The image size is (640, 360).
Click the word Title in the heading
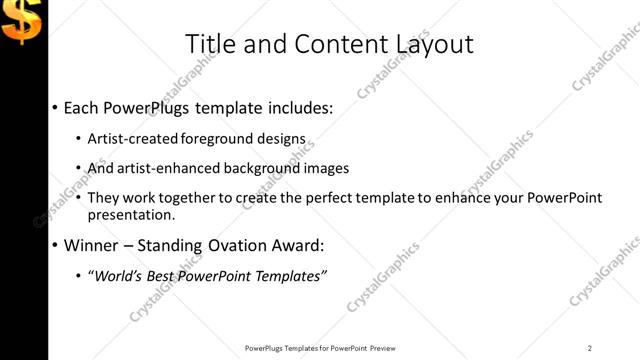coord(212,43)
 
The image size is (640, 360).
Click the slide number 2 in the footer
coord(589,348)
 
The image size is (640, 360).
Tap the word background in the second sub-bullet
coord(266,168)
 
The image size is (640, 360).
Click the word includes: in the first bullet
coord(297,107)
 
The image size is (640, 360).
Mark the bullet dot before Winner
coord(54,245)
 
